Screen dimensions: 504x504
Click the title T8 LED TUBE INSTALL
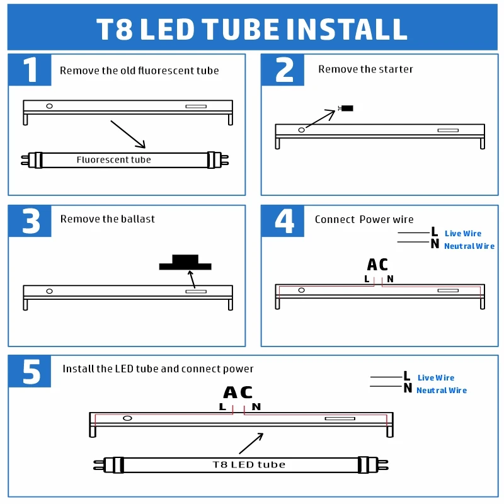pyautogui.click(x=252, y=30)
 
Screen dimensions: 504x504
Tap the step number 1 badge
pyautogui.click(x=30, y=70)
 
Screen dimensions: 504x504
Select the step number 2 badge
pyautogui.click(x=283, y=70)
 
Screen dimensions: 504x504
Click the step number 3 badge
pyautogui.click(x=30, y=220)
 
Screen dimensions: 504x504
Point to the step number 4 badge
pyautogui.click(x=283, y=220)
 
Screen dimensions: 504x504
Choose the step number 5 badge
pyautogui.click(x=30, y=371)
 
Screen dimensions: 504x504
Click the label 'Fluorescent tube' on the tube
pyautogui.click(x=113, y=160)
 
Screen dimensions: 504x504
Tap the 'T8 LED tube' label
pyautogui.click(x=248, y=465)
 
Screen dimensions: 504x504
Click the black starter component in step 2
pyautogui.click(x=346, y=108)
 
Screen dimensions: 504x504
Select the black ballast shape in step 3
pyautogui.click(x=185, y=263)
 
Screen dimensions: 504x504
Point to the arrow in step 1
pyautogui.click(x=128, y=134)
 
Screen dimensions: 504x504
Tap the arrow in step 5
pyautogui.click(x=251, y=444)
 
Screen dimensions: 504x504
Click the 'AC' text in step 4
pyautogui.click(x=377, y=265)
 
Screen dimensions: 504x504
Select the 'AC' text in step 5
pyautogui.click(x=238, y=392)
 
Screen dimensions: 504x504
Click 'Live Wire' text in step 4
pyautogui.click(x=462, y=234)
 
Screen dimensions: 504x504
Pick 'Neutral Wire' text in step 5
pyautogui.click(x=441, y=391)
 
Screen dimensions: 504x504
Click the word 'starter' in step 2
pyautogui.click(x=396, y=69)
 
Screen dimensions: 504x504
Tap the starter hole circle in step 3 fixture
pyautogui.click(x=49, y=291)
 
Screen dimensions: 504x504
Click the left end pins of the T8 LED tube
pyautogui.click(x=98, y=466)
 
